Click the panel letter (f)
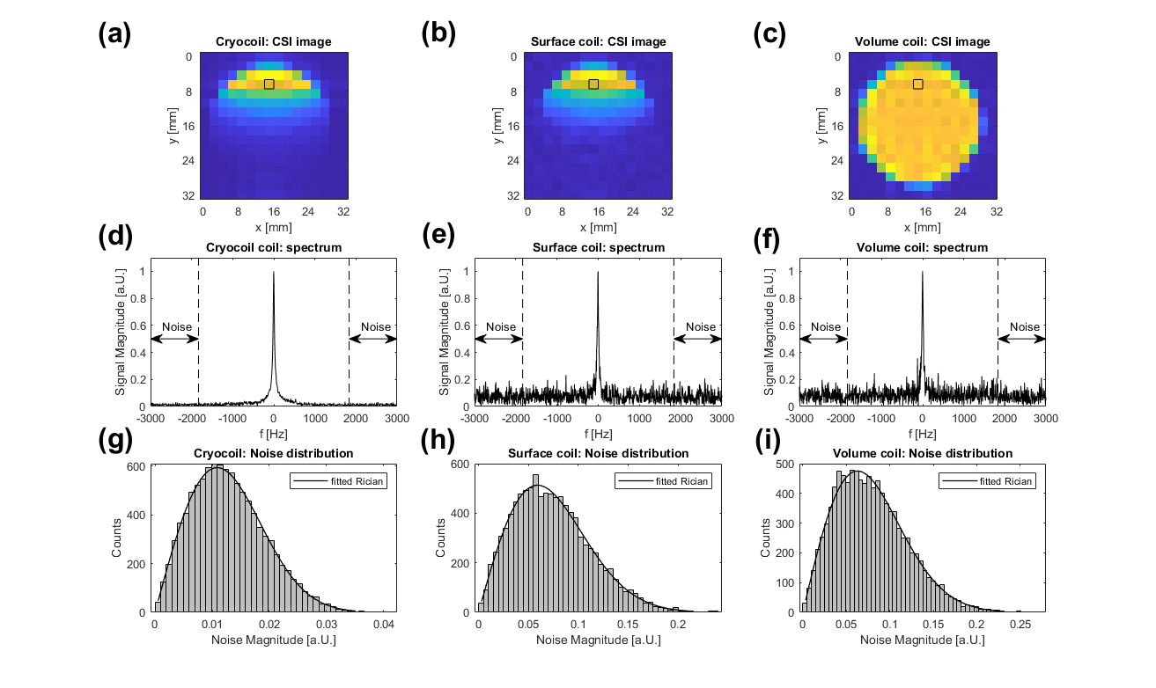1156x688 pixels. click(773, 240)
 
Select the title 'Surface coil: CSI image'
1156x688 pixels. click(598, 42)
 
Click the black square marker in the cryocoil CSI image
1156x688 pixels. click(269, 84)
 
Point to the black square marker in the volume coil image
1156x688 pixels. click(918, 84)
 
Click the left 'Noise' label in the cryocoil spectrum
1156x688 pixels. click(174, 327)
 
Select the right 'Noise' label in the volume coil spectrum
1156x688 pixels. click(1024, 327)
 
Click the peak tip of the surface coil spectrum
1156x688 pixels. click(598, 272)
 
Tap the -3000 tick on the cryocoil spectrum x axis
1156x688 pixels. click(151, 419)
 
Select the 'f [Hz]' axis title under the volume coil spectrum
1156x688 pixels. click(922, 434)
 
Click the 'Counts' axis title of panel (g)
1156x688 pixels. click(118, 539)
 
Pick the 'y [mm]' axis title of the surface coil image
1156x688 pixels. click(500, 127)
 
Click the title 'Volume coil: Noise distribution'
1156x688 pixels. click(922, 453)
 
